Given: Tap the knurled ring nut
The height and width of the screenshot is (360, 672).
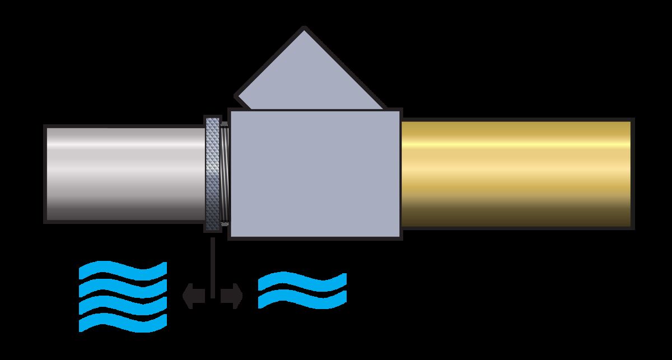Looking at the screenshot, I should [213, 174].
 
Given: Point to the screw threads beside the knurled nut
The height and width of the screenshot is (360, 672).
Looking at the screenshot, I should [225, 174].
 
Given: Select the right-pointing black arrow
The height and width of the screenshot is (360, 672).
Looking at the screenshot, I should [231, 296].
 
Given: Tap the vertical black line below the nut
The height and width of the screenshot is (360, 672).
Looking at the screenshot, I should [213, 263].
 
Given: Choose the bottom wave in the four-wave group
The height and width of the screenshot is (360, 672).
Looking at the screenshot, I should [123, 322].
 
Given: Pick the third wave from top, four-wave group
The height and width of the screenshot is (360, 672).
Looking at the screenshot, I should [123, 305].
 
